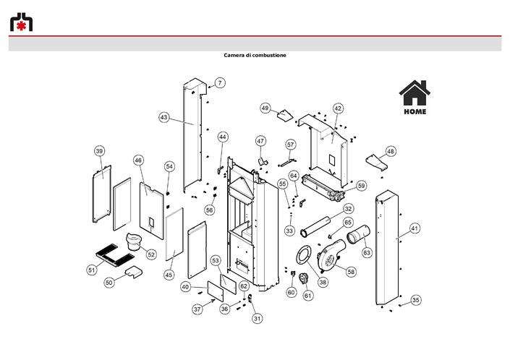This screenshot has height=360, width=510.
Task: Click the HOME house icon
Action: (x=415, y=97)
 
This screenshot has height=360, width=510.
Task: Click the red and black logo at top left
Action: (x=21, y=22)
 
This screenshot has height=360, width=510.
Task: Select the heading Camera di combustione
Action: (x=255, y=55)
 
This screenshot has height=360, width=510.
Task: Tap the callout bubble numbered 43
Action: (x=164, y=117)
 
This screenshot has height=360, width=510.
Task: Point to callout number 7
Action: (x=220, y=83)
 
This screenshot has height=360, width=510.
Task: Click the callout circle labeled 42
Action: (x=338, y=108)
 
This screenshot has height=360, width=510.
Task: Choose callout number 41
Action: (x=414, y=228)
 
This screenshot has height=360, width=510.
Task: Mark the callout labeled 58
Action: (x=351, y=272)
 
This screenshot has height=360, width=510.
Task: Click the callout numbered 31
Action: (x=258, y=318)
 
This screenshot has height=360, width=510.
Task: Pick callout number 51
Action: (x=92, y=270)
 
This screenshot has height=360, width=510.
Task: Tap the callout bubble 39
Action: (x=99, y=151)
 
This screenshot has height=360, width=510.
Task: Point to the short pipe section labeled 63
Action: (x=358, y=234)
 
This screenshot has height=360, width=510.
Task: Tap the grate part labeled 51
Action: (x=115, y=255)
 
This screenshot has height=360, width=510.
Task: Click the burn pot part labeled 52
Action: (x=134, y=241)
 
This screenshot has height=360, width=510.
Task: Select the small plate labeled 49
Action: (x=285, y=115)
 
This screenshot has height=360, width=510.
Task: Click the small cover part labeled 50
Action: (x=134, y=272)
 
